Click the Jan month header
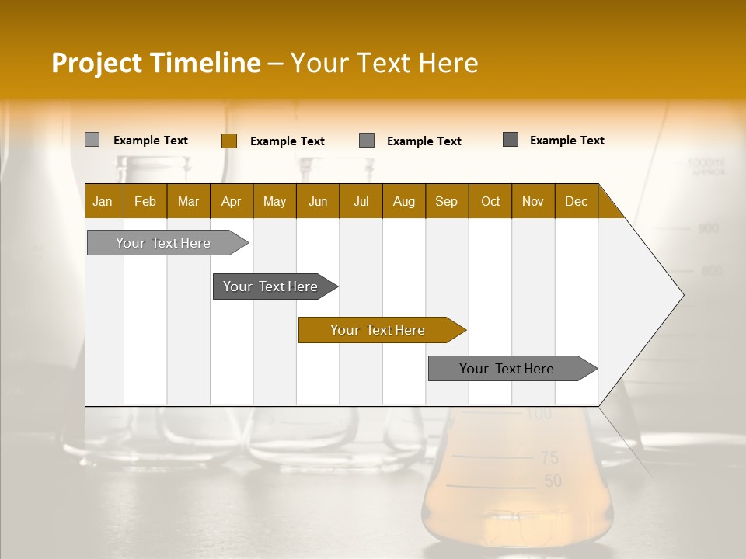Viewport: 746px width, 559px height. coord(103,201)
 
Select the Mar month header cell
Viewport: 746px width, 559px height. coord(188,201)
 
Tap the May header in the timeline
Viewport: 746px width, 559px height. coord(274,201)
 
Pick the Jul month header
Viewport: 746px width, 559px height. coord(361,201)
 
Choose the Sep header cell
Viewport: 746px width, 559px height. coord(446,201)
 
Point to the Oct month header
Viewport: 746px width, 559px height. coord(490,201)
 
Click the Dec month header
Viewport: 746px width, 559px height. coord(576,201)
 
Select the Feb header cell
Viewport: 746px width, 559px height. coord(145,201)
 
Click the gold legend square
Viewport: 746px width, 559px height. coord(228,141)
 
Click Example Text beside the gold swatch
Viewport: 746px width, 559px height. coord(287,141)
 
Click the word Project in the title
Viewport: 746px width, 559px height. coord(97,63)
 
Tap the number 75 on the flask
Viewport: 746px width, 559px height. coord(549,457)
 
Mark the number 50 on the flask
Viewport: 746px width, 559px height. coord(553,481)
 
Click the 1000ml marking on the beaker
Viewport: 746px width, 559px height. coord(705,163)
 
